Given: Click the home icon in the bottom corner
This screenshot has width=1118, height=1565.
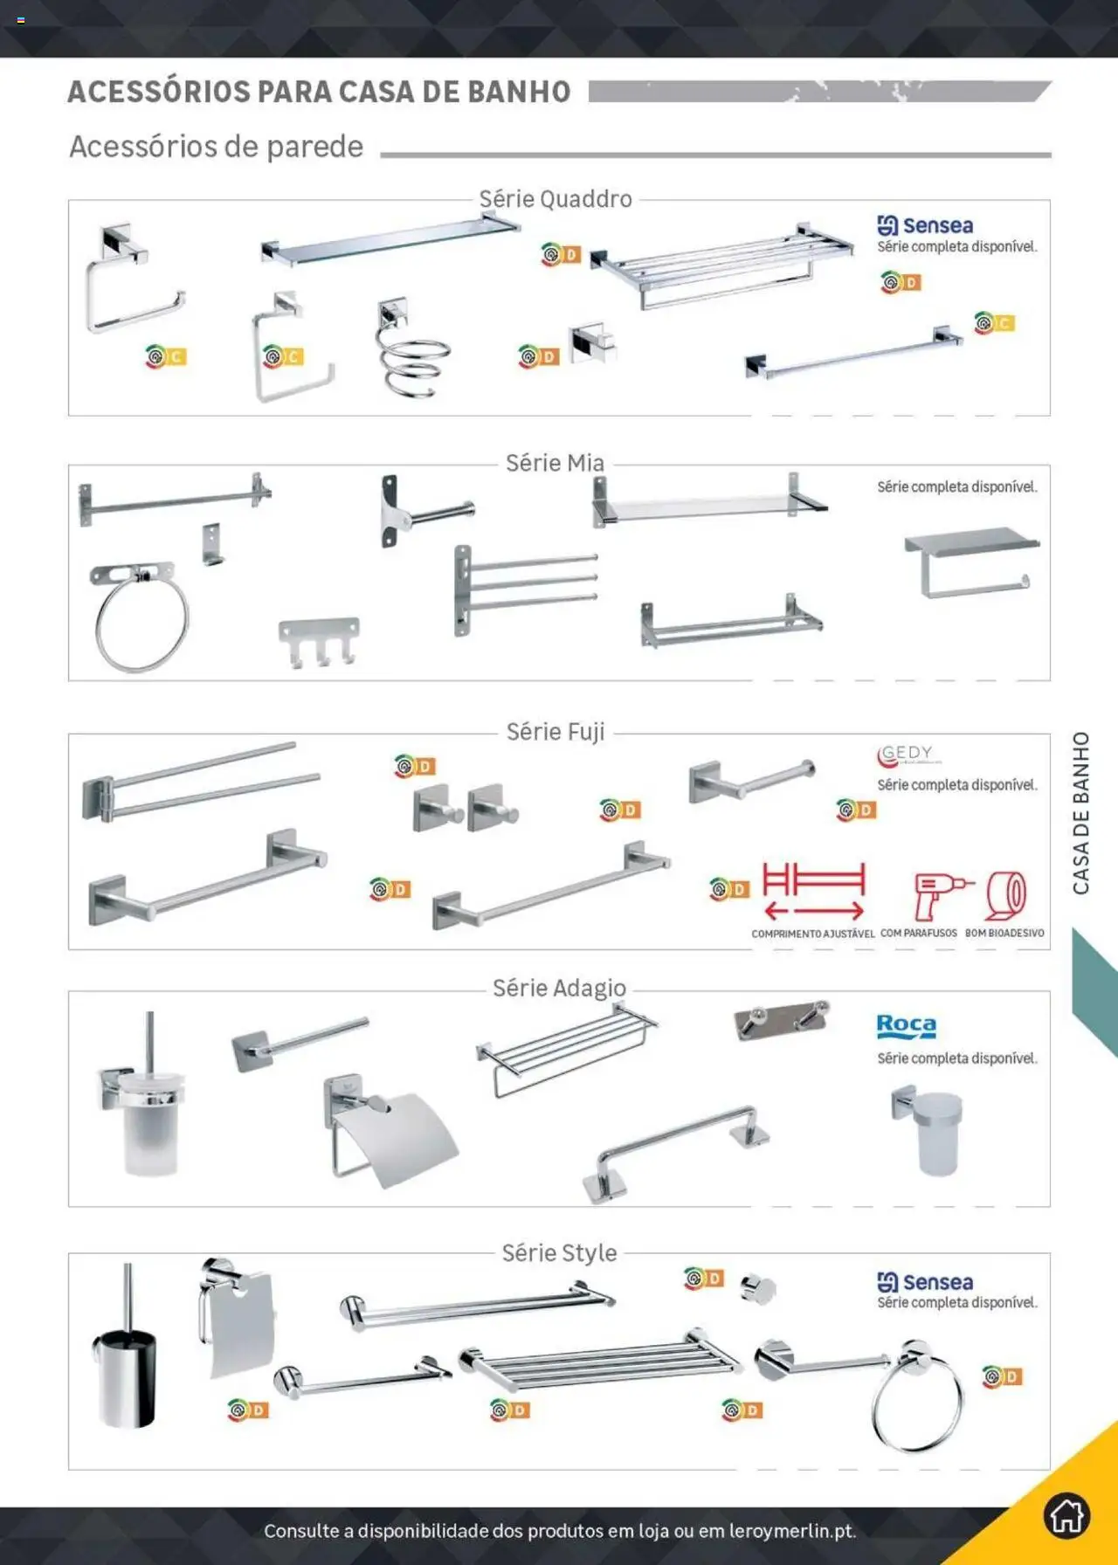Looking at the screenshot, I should [1066, 1515].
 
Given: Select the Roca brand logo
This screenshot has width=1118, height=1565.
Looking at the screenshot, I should [906, 1025].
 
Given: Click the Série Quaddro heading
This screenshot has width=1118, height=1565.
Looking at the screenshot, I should [556, 199].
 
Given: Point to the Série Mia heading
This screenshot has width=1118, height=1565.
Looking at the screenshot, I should [555, 463].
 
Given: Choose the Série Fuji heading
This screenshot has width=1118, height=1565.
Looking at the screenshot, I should [556, 732].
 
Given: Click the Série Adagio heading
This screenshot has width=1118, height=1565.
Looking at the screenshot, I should [559, 988].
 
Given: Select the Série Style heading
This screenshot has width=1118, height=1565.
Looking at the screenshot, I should [559, 1253].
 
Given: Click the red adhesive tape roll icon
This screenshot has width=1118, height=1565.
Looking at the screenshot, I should [1005, 895].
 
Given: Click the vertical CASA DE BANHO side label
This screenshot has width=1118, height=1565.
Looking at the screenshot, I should [1081, 813].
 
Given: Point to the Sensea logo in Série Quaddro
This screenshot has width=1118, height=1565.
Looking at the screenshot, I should [925, 225].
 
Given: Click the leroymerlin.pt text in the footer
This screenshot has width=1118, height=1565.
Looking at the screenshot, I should [791, 1531].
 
